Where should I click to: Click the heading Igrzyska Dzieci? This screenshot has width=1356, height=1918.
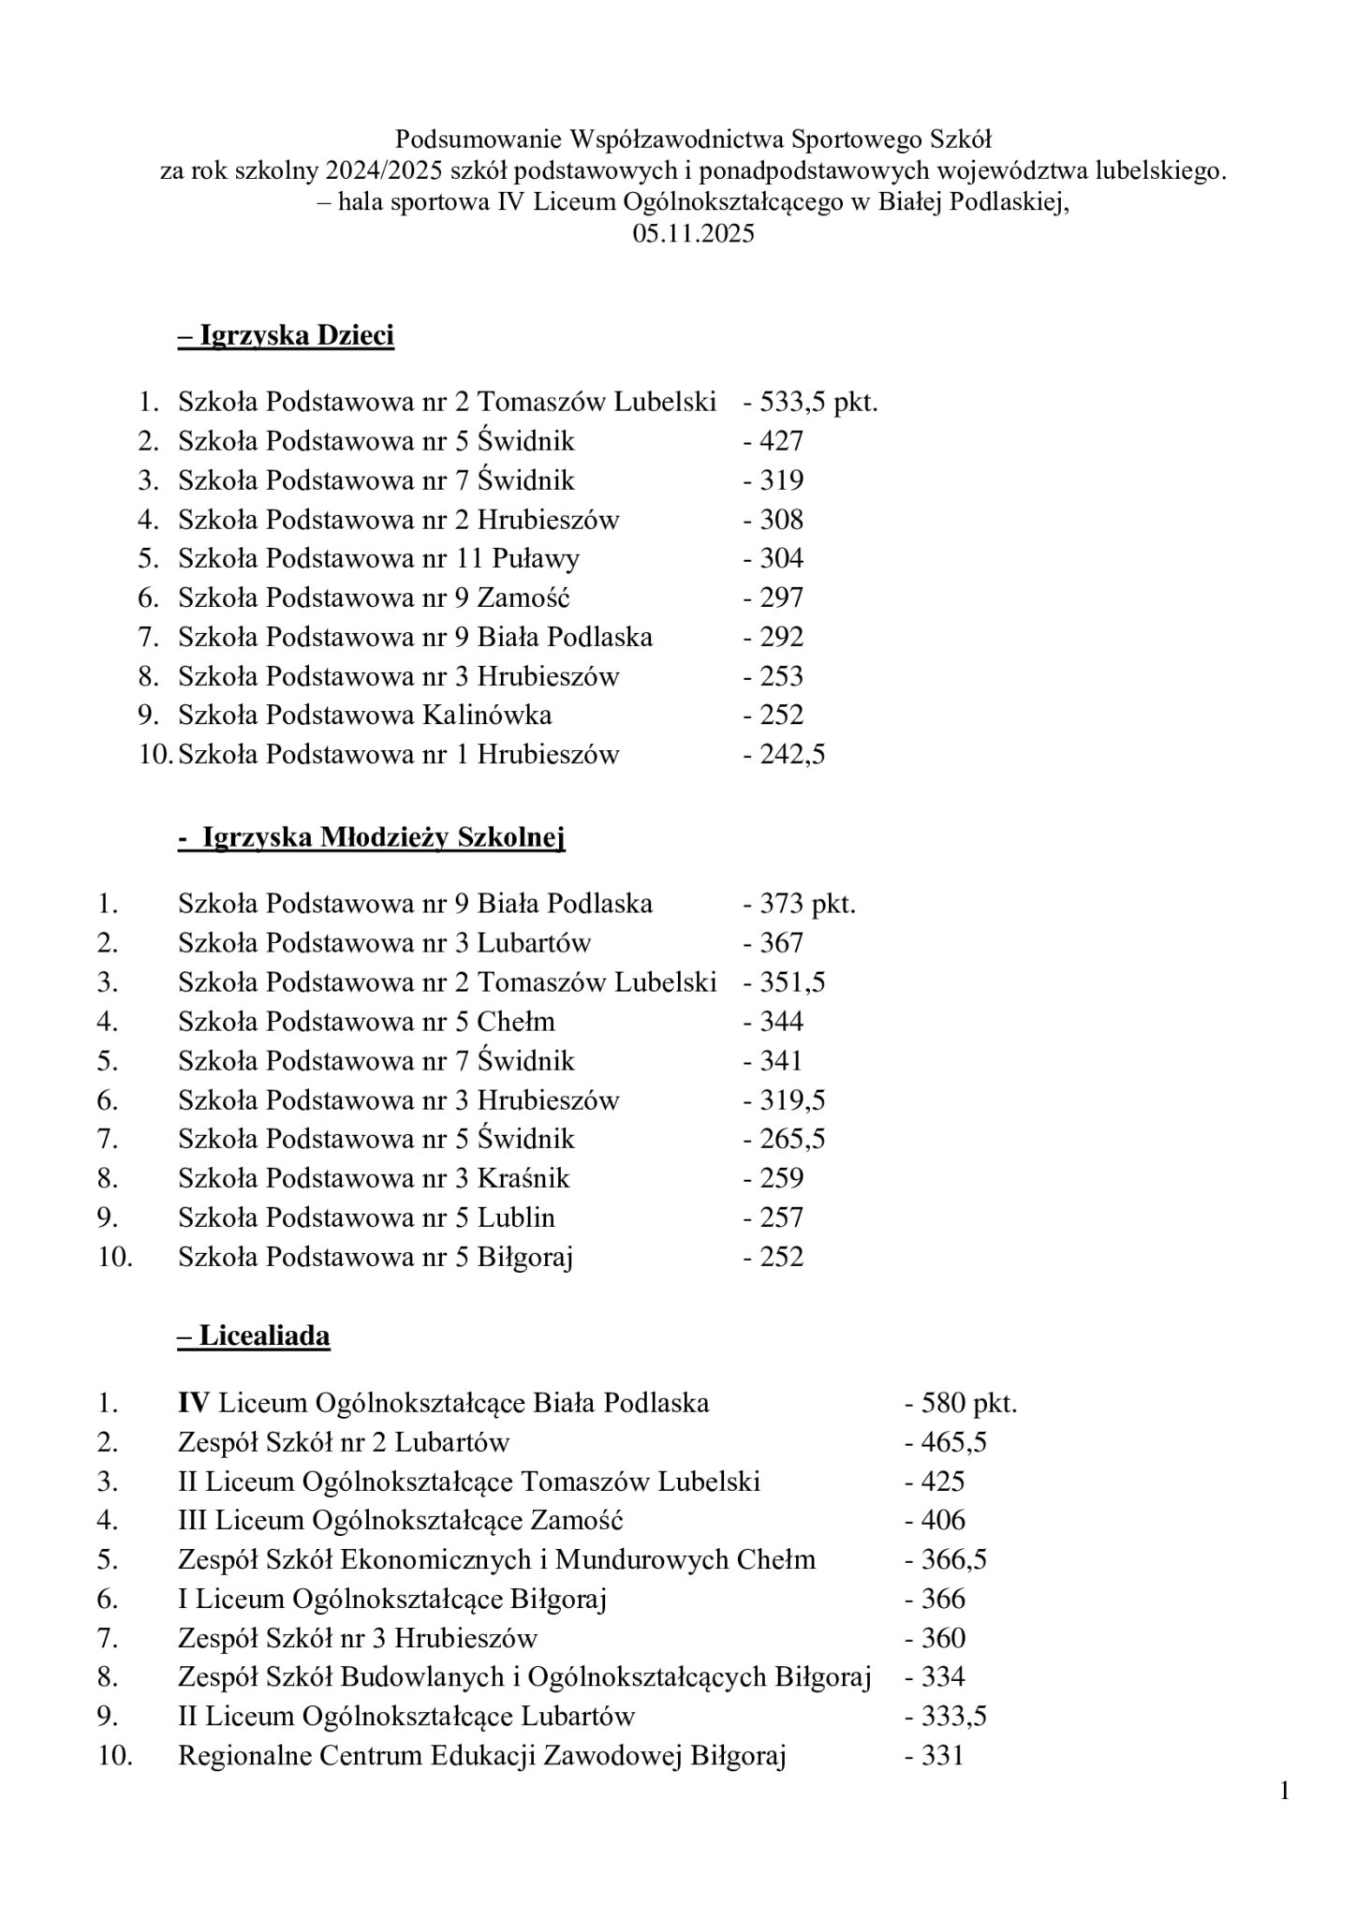pyautogui.click(x=286, y=336)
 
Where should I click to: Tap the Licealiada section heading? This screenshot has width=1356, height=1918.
pyautogui.click(x=254, y=1336)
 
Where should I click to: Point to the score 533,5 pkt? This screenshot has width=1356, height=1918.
pyautogui.click(x=811, y=403)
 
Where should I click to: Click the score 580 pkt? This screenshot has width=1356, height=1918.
pyautogui.click(x=961, y=1403)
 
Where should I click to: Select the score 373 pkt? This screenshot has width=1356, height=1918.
pyautogui.click(x=800, y=904)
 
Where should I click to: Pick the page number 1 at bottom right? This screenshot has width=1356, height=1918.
pyautogui.click(x=1284, y=1793)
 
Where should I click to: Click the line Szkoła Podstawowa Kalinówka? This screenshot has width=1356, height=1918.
pyautogui.click(x=364, y=716)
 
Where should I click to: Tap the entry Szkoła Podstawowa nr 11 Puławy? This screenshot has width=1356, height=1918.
pyautogui.click(x=378, y=559)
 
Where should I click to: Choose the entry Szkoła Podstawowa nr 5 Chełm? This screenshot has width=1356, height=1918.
pyautogui.click(x=366, y=1022)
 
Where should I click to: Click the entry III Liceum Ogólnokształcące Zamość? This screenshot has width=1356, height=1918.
pyautogui.click(x=401, y=1520)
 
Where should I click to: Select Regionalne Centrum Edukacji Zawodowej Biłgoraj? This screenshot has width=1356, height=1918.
pyautogui.click(x=481, y=1756)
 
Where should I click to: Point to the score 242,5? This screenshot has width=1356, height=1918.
pyautogui.click(x=785, y=755)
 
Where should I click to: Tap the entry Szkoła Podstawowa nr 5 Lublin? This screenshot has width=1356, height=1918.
pyautogui.click(x=366, y=1217)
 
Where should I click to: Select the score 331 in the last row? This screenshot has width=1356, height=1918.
pyautogui.click(x=935, y=1756)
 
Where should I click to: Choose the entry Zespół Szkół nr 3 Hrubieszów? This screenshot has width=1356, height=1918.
pyautogui.click(x=358, y=1638)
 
